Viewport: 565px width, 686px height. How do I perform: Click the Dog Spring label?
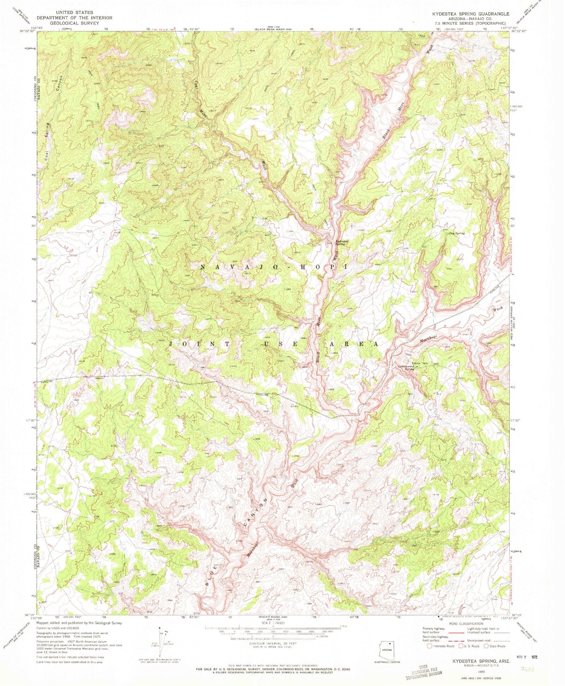coord(457,233)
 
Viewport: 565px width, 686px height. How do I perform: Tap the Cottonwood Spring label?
coord(406,367)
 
